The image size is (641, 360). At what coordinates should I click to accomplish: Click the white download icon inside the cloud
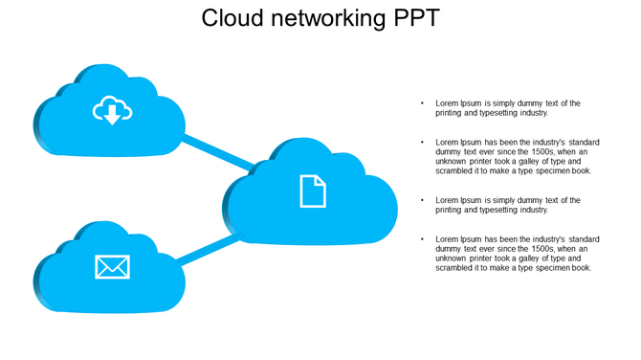(x=112, y=110)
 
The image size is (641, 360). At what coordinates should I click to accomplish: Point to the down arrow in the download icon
(x=112, y=116)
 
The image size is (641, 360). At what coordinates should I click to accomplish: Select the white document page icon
(x=313, y=191)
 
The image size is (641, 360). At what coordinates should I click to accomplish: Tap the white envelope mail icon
(x=112, y=267)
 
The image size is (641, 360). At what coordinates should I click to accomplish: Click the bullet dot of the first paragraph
(x=422, y=103)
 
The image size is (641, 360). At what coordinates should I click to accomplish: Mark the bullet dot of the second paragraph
(x=422, y=143)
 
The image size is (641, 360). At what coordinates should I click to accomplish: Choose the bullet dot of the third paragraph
(x=422, y=201)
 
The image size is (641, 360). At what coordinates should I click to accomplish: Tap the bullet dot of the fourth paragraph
(x=422, y=239)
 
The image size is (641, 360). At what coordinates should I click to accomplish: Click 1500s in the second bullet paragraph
(x=542, y=152)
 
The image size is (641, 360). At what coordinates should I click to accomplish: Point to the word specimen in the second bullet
(x=551, y=171)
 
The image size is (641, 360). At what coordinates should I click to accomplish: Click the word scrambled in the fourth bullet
(x=455, y=268)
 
